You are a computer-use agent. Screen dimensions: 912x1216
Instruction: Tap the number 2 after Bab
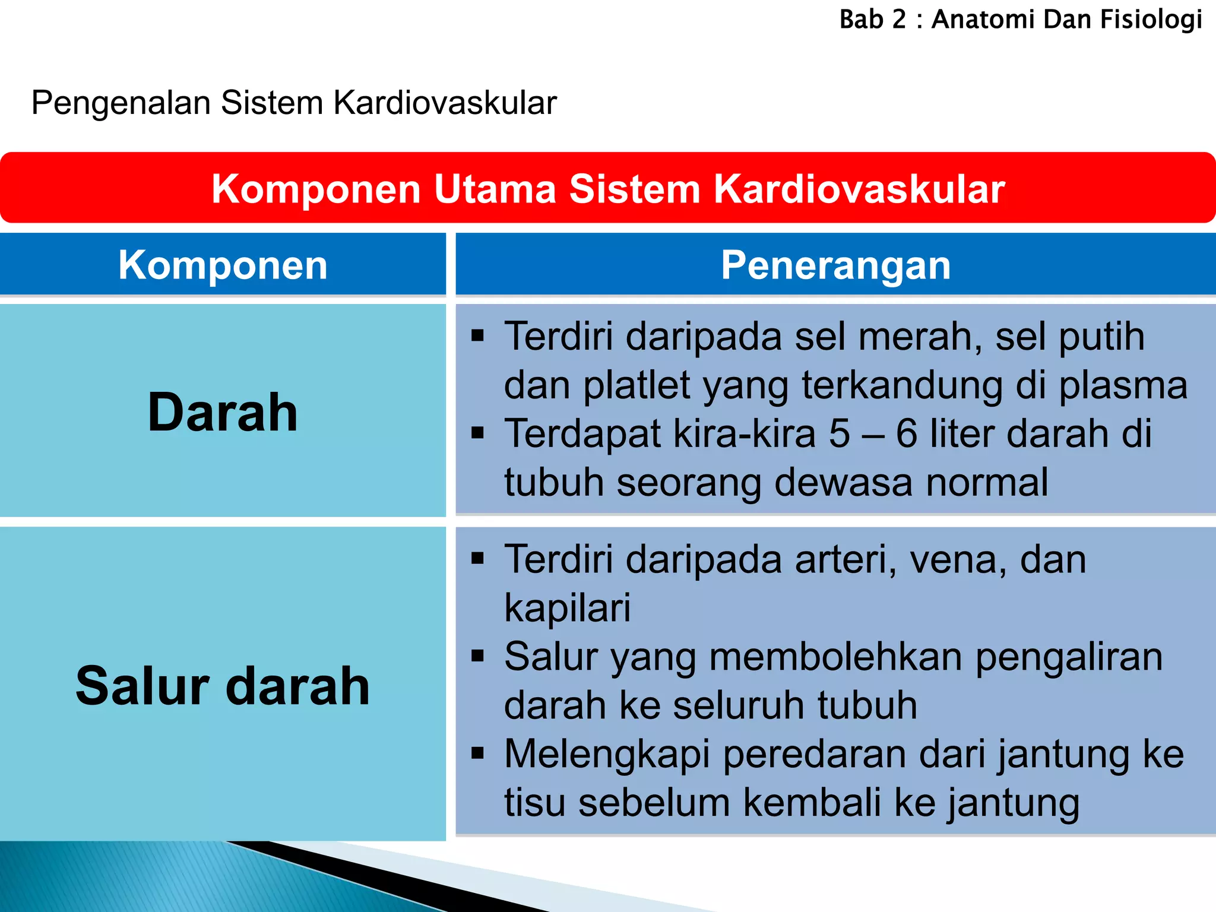pos(900,20)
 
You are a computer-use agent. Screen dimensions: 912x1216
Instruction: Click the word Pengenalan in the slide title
pos(121,103)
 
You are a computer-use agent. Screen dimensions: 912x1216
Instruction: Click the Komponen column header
pos(223,265)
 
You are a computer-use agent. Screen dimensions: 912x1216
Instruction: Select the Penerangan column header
pos(835,265)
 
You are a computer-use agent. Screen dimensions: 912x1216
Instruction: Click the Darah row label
pos(223,412)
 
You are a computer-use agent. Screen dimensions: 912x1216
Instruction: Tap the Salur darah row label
pos(223,686)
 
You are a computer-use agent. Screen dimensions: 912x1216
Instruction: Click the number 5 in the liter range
pos(839,433)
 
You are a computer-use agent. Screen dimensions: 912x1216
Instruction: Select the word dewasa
pos(843,482)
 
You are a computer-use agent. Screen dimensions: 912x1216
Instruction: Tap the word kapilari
pos(567,608)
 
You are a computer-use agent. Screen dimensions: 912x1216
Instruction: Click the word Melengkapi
pos(607,754)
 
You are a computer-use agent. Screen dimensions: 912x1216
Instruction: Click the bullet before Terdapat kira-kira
pos(477,432)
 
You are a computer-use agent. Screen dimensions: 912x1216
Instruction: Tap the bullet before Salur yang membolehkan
pos(477,655)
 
